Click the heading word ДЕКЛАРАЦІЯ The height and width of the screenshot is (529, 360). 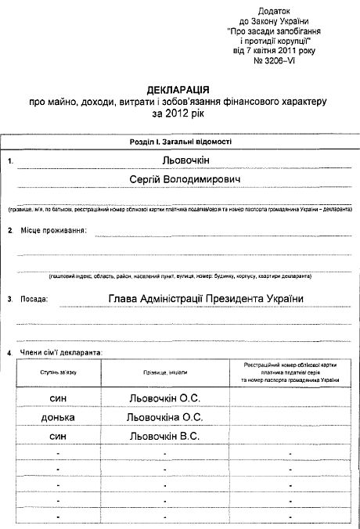coord(179,91)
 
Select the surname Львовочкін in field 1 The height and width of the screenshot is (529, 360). coord(180,160)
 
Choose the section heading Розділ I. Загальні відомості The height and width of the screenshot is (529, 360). coord(180,142)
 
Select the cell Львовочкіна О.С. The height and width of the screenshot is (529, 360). coord(165,417)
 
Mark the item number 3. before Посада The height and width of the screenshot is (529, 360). coord(9,299)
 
